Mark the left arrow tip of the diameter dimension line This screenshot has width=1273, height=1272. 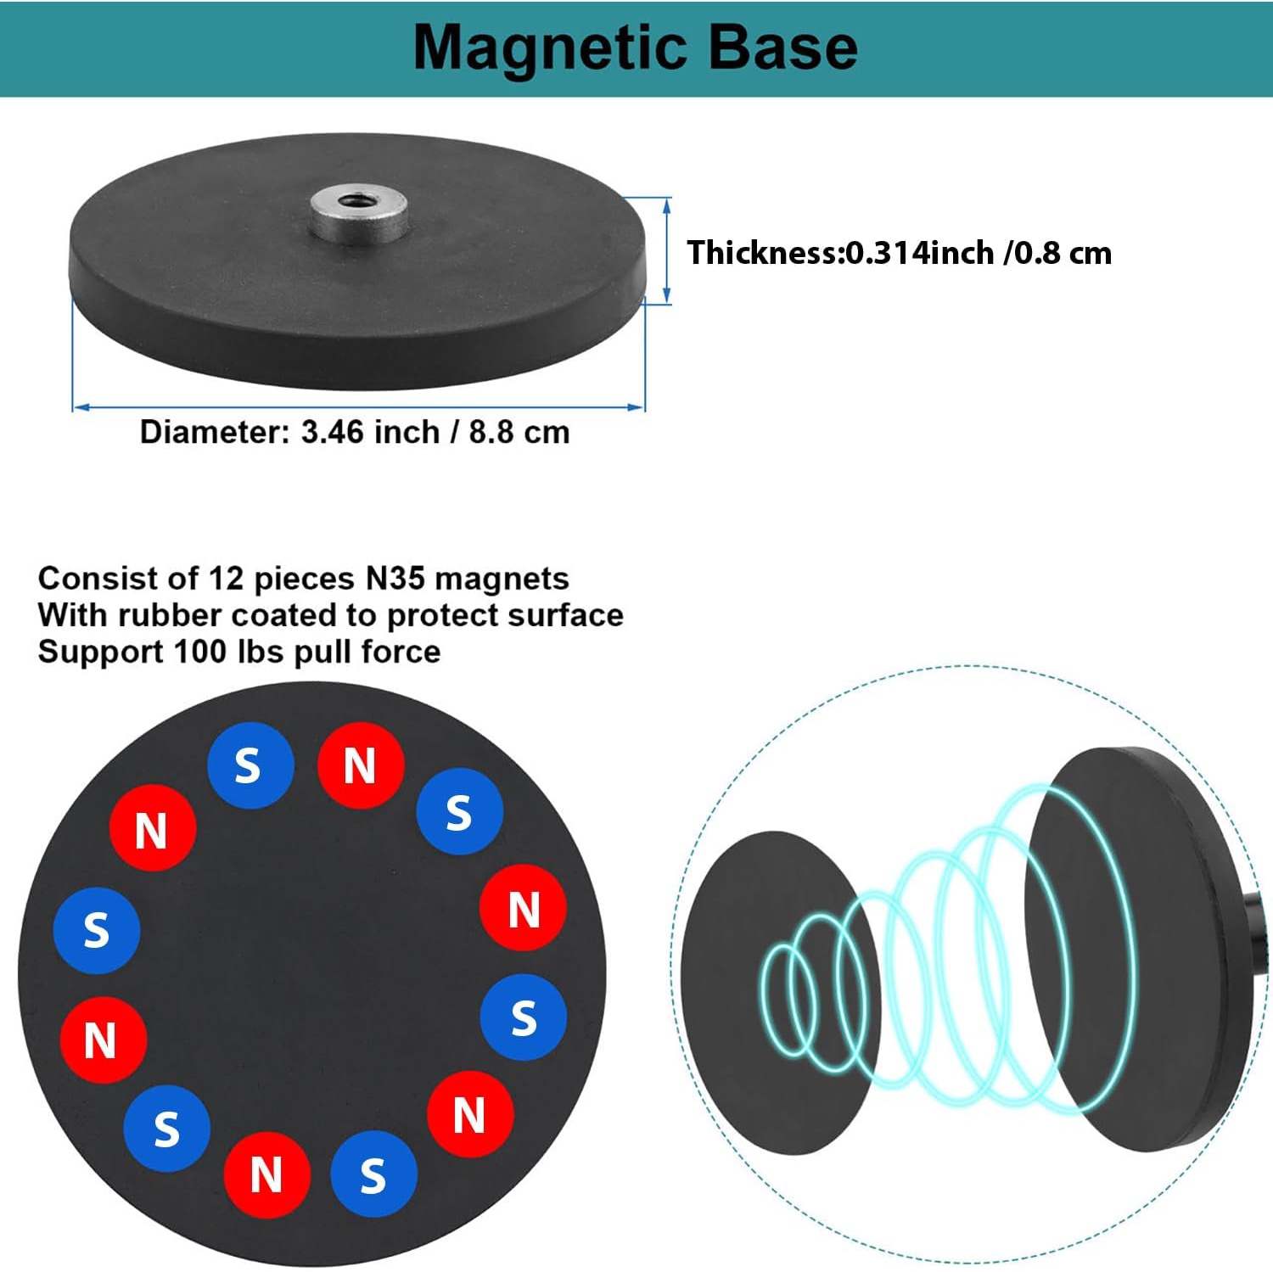pos(74,407)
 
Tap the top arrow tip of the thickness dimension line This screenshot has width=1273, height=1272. pos(666,199)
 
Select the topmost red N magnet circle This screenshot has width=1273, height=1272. pos(360,765)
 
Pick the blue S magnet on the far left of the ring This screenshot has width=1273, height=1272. pos(96,930)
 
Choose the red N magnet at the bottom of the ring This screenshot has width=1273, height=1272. pos(266,1175)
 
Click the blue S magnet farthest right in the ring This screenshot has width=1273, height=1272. pos(523,1017)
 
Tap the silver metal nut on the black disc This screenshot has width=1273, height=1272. pos(357,214)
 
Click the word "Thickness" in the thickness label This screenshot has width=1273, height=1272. pos(762,253)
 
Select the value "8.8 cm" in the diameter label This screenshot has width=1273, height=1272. pos(519,432)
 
